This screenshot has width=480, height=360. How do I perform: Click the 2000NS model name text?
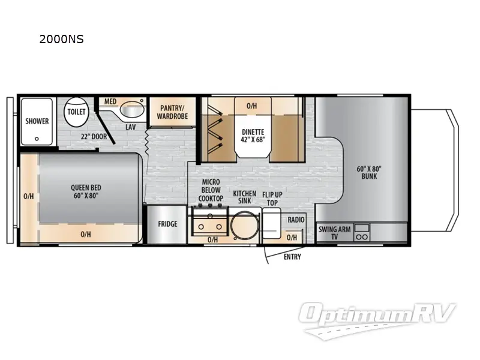pyautogui.click(x=61, y=39)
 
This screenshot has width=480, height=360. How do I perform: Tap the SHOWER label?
pyautogui.click(x=37, y=121)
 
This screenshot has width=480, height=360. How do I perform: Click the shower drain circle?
pyautogui.click(x=37, y=139)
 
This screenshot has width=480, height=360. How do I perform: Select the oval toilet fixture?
pyautogui.click(x=76, y=112)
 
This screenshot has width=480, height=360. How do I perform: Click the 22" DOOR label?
pyautogui.click(x=94, y=137)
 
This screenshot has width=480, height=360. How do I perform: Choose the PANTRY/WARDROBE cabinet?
pyautogui.click(x=172, y=112)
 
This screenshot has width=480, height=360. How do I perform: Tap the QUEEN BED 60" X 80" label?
pyautogui.click(x=86, y=191)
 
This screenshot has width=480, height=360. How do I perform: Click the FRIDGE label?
pyautogui.click(x=167, y=224)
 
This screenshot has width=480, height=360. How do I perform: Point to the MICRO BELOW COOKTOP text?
pyautogui.click(x=211, y=190)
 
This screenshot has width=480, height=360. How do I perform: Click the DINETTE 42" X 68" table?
pyautogui.click(x=253, y=128)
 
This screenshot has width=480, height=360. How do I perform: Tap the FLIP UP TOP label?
pyautogui.click(x=272, y=199)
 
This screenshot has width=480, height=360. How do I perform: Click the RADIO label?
pyautogui.click(x=296, y=220)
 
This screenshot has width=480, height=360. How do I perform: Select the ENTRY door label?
pyautogui.click(x=292, y=257)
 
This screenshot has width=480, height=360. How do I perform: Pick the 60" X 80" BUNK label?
pyautogui.click(x=369, y=173)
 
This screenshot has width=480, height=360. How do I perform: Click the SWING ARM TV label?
pyautogui.click(x=334, y=233)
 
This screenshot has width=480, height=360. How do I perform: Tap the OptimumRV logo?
pyautogui.click(x=377, y=320)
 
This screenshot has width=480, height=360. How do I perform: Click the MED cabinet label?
pyautogui.click(x=110, y=101)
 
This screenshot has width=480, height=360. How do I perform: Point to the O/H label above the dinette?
pyautogui.click(x=251, y=106)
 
